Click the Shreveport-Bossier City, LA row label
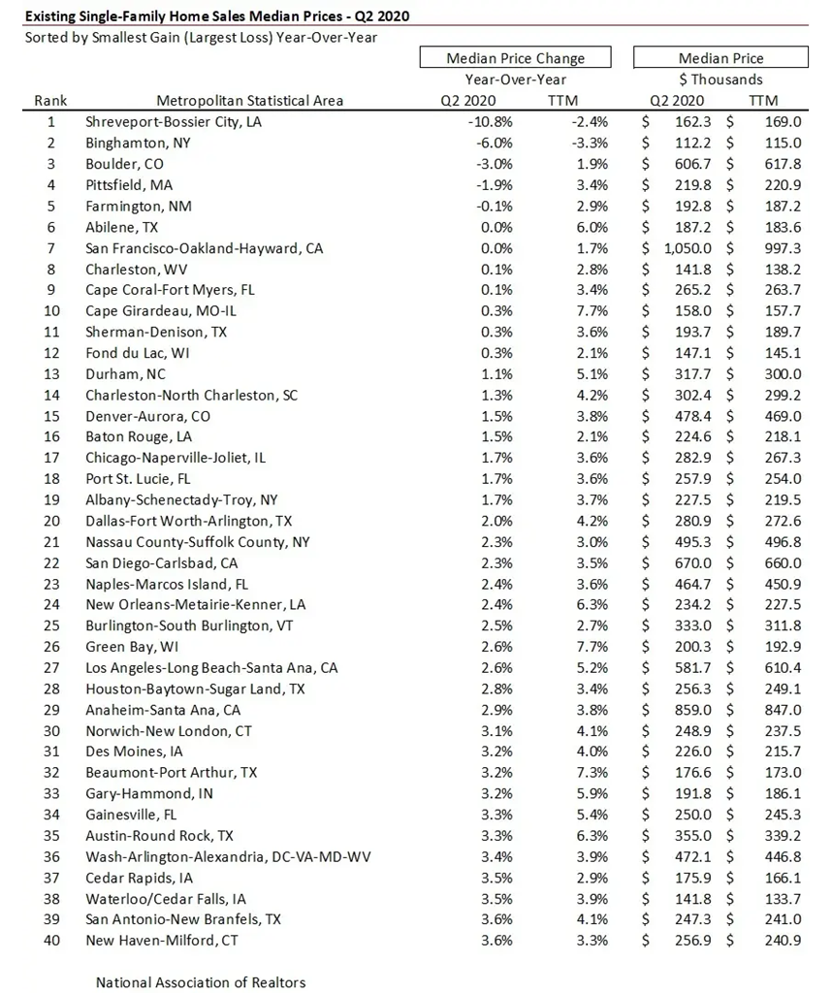point(174,122)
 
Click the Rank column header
point(50,100)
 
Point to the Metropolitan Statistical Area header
point(249,100)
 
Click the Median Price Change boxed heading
point(515,58)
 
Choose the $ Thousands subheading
point(720,80)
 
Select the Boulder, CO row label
point(124,164)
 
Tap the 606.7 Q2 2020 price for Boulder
point(691,164)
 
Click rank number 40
point(50,940)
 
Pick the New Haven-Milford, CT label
point(161,940)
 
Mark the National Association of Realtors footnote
point(201,982)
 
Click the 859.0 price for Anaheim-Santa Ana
point(691,709)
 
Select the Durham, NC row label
point(125,373)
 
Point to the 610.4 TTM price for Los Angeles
point(784,667)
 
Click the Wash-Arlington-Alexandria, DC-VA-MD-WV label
point(228,856)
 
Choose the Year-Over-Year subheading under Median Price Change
point(515,80)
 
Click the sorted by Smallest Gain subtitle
point(201,37)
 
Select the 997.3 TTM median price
point(784,248)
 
